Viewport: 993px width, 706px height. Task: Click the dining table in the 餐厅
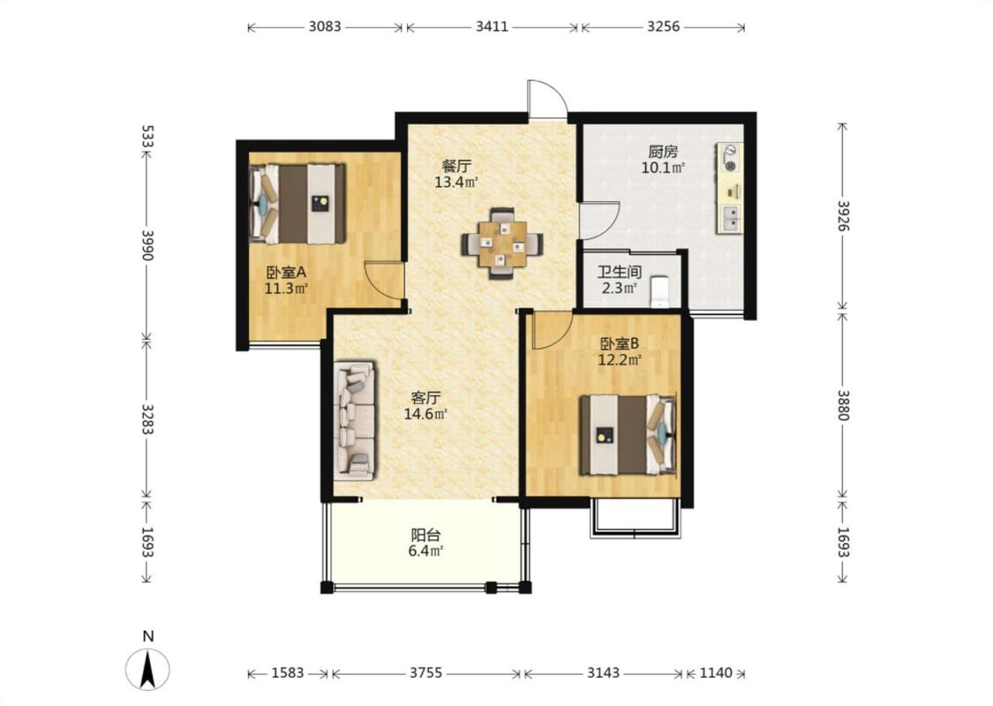point(502,244)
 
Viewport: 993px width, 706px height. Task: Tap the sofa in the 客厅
point(355,420)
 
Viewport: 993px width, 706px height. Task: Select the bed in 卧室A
point(297,203)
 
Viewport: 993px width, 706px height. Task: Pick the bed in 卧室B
point(628,434)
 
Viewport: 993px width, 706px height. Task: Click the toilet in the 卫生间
point(660,292)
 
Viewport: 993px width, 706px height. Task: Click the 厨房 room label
point(663,152)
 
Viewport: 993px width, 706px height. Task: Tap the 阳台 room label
point(425,535)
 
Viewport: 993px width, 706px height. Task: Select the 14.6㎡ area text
point(426,414)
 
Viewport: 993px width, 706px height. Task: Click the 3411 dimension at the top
point(492,26)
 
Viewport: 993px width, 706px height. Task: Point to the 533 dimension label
point(147,137)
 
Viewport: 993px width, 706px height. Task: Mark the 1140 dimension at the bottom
point(716,672)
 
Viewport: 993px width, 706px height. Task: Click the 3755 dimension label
point(425,672)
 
